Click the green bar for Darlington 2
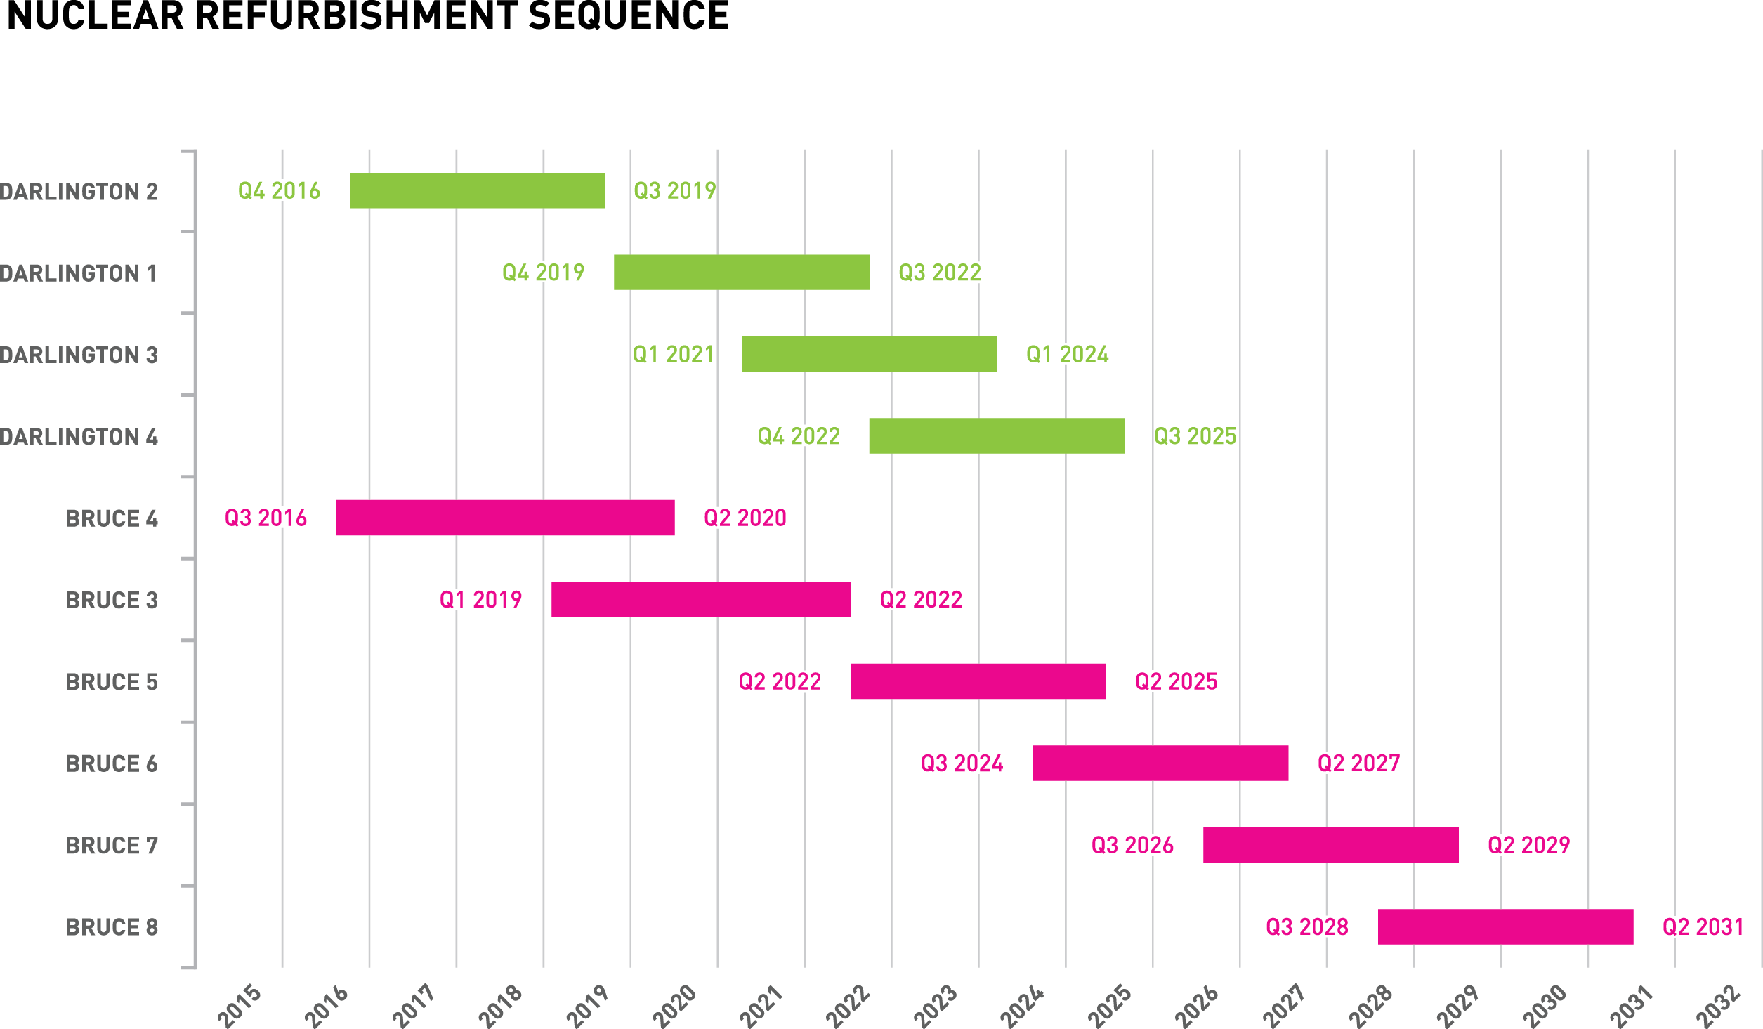[477, 190]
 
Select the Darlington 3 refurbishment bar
[869, 354]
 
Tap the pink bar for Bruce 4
[505, 518]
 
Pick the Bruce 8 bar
[1505, 926]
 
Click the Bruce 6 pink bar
[1160, 763]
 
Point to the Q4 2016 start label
[279, 190]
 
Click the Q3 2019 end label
[674, 190]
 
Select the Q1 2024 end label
[1067, 354]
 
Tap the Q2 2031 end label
[1703, 926]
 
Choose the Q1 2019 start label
[480, 600]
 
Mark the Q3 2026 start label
[1132, 845]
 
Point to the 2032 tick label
[1719, 1006]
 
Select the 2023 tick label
[936, 1006]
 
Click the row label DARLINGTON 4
[79, 437]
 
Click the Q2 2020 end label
[745, 518]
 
